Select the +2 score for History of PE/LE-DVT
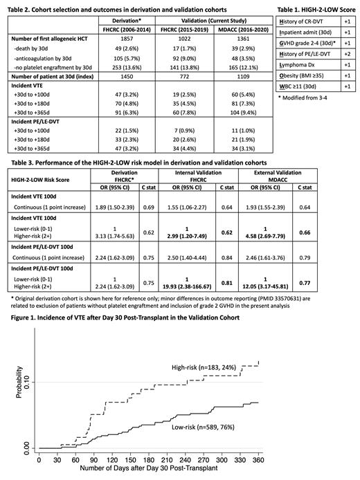click(x=349, y=71)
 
